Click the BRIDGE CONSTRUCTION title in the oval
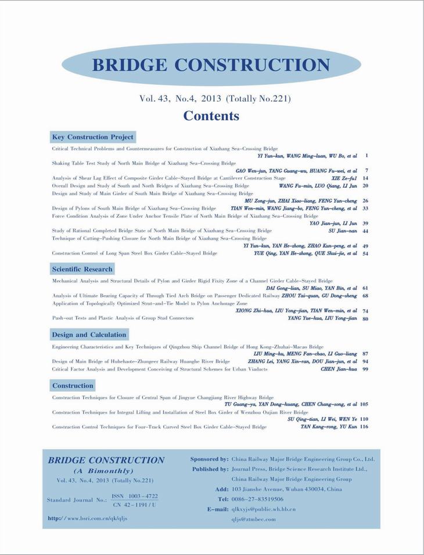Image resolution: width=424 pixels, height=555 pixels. point(211,65)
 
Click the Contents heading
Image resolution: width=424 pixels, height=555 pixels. point(211,116)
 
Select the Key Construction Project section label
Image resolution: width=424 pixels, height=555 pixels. point(93,137)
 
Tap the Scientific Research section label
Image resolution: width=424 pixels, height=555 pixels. point(82,269)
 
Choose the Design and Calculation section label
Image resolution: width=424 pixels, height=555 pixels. point(89,335)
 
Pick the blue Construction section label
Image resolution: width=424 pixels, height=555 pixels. point(73,385)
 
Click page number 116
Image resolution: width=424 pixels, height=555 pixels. point(364,427)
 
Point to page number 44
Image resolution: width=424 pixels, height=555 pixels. point(365,231)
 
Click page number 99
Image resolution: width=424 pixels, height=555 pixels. point(365,369)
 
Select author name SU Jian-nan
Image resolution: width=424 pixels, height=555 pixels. point(343,231)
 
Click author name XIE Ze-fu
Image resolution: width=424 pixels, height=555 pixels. point(344,178)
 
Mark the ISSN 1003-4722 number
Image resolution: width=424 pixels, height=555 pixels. point(135,496)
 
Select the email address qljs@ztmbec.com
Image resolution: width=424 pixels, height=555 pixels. point(254,520)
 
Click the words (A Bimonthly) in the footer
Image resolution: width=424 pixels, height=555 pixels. point(103,471)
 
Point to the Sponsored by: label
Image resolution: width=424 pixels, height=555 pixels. point(209,459)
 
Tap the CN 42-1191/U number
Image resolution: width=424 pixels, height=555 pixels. point(134,505)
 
